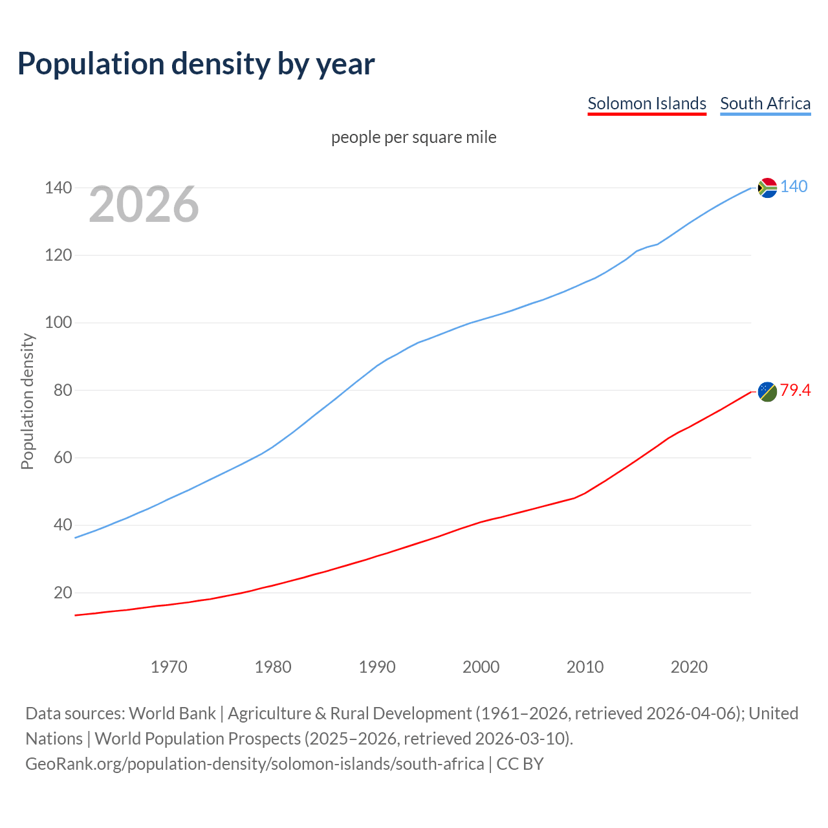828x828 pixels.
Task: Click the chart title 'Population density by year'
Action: pyautogui.click(x=196, y=63)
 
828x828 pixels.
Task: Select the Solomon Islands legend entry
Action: pyautogui.click(x=646, y=103)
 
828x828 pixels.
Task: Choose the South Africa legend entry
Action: pyautogui.click(x=765, y=103)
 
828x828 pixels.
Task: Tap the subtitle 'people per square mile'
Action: pyautogui.click(x=413, y=137)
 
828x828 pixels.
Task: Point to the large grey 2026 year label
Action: pyautogui.click(x=144, y=204)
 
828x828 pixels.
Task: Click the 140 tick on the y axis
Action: pyautogui.click(x=58, y=188)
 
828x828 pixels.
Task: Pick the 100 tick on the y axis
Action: pyautogui.click(x=58, y=322)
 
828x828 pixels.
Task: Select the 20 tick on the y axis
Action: pyautogui.click(x=62, y=593)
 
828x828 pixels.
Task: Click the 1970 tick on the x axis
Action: pyautogui.click(x=169, y=667)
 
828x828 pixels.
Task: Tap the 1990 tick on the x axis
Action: pyautogui.click(x=377, y=667)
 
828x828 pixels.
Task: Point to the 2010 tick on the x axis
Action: pyautogui.click(x=585, y=667)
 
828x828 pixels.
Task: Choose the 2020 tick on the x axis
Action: pyautogui.click(x=689, y=667)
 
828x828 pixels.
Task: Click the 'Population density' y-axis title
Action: pyautogui.click(x=27, y=401)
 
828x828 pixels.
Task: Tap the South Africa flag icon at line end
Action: pyautogui.click(x=767, y=188)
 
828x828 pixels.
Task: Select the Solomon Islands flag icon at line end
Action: pyautogui.click(x=767, y=391)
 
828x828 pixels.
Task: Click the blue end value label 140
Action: pyautogui.click(x=794, y=186)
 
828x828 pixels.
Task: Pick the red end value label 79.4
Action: pyautogui.click(x=795, y=390)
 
